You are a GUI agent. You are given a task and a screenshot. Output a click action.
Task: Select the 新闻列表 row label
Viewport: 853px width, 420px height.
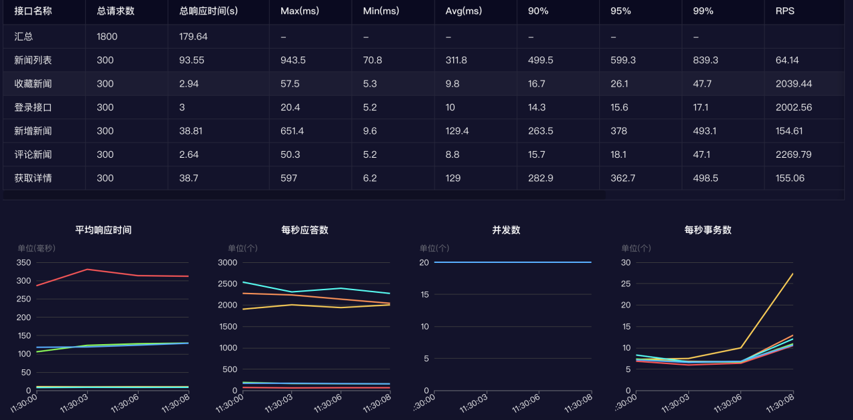[x=33, y=61]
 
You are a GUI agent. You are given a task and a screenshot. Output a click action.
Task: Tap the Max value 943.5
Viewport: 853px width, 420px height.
[x=293, y=61]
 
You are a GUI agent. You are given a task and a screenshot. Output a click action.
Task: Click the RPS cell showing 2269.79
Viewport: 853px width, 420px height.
[x=794, y=154]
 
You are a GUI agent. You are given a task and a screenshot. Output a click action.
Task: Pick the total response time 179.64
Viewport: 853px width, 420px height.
[x=193, y=37]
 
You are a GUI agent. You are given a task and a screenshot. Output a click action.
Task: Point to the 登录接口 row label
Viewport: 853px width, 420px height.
[x=33, y=107]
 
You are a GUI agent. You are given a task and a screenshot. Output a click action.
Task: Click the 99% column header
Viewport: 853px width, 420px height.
[x=703, y=11]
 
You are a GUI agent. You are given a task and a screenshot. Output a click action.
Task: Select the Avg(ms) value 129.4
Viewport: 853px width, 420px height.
[x=457, y=131]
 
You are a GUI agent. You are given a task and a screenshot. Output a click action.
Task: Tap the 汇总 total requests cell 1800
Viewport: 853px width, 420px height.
[x=107, y=37]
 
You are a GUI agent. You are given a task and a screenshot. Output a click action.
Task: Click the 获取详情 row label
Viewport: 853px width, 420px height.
[x=33, y=178]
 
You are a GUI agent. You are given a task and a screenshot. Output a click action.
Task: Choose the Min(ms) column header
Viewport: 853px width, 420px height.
[x=381, y=11]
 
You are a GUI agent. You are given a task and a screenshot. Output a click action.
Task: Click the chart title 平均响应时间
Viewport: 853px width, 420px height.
[x=103, y=230]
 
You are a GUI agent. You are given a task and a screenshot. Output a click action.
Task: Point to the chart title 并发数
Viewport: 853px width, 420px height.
[x=506, y=230]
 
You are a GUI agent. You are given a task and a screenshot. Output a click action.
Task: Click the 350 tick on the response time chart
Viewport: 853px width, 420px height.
[x=23, y=262]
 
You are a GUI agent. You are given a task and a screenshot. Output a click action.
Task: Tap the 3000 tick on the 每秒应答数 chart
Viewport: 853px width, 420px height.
[x=228, y=262]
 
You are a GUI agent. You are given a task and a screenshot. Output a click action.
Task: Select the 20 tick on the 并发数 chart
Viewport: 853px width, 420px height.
[x=424, y=262]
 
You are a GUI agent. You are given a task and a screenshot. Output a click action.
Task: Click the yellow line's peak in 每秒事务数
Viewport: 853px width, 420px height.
[x=792, y=274]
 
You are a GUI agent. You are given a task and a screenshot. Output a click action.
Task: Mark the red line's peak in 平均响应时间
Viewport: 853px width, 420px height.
[x=87, y=270]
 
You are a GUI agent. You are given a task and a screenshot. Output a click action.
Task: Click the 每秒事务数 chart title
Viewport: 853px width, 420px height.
[x=708, y=230]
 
